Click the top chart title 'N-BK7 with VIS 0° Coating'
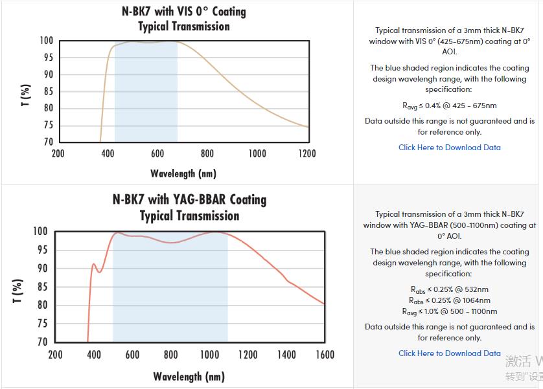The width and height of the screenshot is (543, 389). [184, 12]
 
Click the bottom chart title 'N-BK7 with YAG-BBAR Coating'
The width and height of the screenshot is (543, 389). [189, 199]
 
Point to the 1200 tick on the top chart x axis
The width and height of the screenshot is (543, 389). [307, 153]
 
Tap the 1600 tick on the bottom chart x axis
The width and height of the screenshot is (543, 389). [325, 355]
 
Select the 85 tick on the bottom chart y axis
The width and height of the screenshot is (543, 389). [41, 287]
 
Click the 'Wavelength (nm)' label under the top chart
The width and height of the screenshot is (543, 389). [183, 173]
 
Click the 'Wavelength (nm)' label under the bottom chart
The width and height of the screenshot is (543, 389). [189, 376]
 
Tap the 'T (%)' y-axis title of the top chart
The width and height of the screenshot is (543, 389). [26, 94]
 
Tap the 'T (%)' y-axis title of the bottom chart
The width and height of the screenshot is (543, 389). [18, 291]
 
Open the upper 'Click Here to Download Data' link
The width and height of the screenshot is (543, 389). [449, 147]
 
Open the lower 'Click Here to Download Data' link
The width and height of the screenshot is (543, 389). [449, 353]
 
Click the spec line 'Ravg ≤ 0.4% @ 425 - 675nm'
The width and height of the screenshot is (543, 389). [449, 106]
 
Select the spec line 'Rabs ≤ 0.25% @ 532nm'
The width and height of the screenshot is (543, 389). [449, 289]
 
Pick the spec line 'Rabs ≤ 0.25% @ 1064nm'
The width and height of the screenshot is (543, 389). [449, 300]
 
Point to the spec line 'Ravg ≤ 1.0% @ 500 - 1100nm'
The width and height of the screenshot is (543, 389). [449, 311]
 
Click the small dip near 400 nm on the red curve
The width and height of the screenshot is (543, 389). [99, 271]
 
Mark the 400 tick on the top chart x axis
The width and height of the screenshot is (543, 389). [108, 153]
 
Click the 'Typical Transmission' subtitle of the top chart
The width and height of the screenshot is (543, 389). [184, 27]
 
